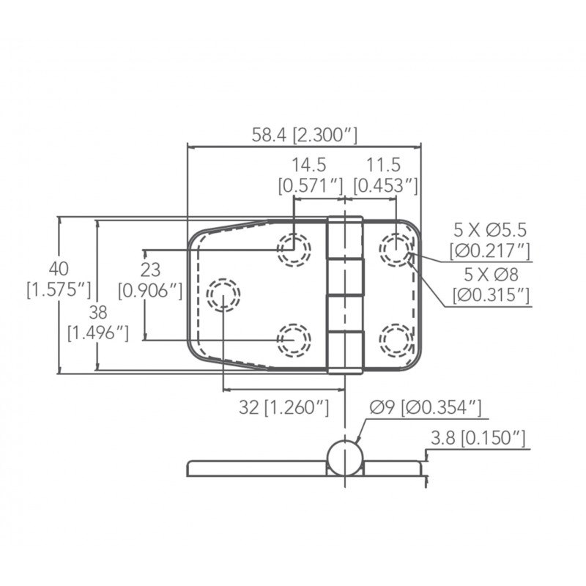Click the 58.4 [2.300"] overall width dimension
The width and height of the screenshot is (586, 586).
pos(304,135)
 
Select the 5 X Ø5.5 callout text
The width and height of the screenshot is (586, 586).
pos(490,229)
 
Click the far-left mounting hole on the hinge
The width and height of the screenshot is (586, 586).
pos(223,295)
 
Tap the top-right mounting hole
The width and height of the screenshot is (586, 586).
pos(396,250)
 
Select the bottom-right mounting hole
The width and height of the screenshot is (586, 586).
pos(396,339)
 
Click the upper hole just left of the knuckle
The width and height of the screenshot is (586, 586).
pos(294,250)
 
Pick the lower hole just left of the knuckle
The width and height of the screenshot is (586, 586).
pos(294,339)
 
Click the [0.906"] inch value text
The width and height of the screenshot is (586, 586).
pos(150,292)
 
